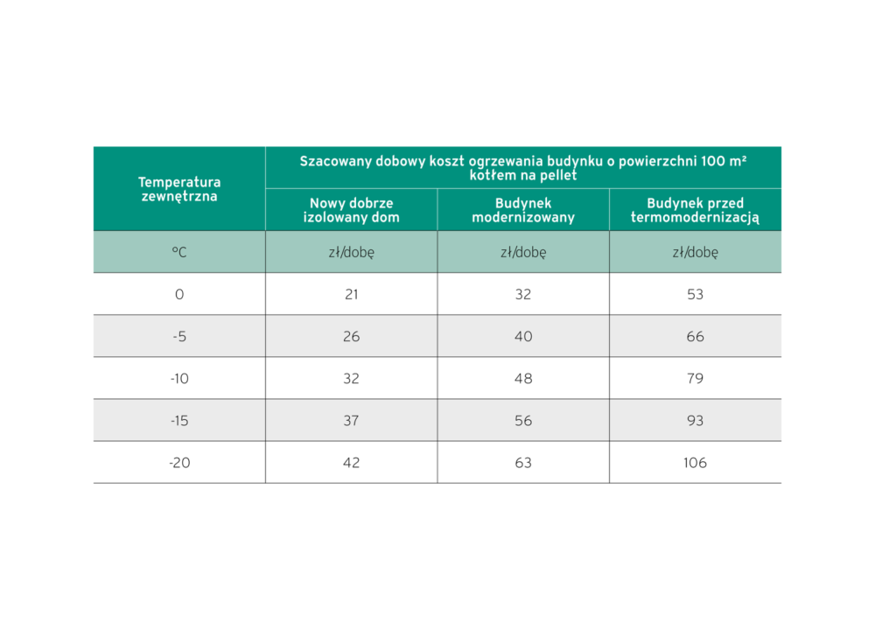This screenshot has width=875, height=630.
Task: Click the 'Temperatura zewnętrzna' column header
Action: tap(179, 189)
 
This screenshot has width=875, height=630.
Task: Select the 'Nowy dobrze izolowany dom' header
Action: tap(351, 210)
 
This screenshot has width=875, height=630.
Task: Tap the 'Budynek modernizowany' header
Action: tap(523, 210)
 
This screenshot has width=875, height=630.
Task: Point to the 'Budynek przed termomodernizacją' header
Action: tap(695, 210)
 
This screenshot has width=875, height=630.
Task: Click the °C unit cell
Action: tap(179, 252)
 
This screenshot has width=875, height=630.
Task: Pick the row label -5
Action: tap(179, 337)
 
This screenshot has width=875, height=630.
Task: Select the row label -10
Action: tap(179, 379)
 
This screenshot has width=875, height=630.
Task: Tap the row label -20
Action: tap(179, 463)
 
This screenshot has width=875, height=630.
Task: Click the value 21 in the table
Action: tap(351, 295)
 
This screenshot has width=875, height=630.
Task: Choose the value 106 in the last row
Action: tap(695, 463)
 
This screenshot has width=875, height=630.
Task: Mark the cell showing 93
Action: tap(695, 421)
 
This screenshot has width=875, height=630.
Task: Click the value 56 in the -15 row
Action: tap(523, 421)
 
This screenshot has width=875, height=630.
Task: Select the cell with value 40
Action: tap(523, 337)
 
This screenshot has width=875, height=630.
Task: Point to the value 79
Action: tap(695, 379)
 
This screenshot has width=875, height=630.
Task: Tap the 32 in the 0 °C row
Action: tap(523, 295)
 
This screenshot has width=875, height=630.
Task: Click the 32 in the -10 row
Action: tap(351, 379)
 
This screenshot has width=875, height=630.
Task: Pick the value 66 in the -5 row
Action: tap(695, 337)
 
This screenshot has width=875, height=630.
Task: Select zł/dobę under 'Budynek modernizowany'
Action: tap(523, 252)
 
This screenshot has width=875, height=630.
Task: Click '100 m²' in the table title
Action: tap(718, 161)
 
